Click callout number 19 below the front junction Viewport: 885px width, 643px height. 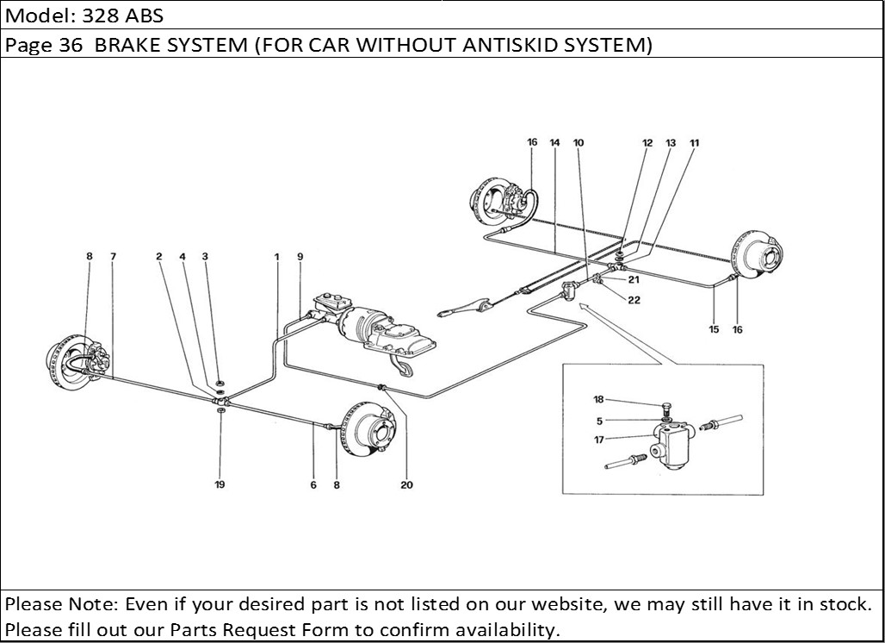[220, 485]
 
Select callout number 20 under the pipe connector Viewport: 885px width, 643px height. [406, 485]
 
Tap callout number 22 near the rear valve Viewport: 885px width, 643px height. [634, 300]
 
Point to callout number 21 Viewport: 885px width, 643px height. [634, 279]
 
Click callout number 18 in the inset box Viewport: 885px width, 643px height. [599, 399]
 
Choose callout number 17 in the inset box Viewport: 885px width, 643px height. [599, 440]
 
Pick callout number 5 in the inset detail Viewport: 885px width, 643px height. [599, 421]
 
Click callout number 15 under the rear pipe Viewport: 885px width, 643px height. [714, 329]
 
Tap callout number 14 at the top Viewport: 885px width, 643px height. [554, 143]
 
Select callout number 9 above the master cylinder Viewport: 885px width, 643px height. [300, 256]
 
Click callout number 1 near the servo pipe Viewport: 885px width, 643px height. [277, 256]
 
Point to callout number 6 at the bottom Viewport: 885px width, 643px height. [313, 485]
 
